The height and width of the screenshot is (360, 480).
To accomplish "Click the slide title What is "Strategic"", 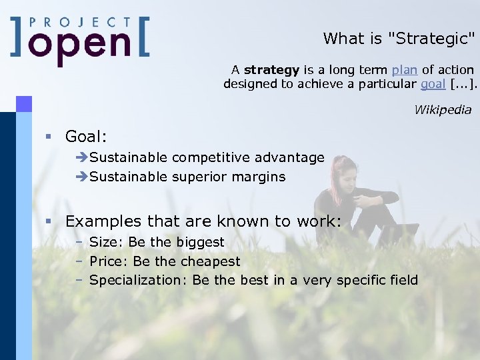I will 399,39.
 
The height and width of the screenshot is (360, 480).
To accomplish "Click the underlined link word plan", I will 404,70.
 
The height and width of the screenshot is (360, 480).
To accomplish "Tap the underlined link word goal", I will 433,84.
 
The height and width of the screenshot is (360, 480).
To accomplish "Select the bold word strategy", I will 271,70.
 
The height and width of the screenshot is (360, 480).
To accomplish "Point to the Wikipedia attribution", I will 443,110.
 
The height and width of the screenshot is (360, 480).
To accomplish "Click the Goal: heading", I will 85,137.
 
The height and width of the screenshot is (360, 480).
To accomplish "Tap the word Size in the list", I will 103,242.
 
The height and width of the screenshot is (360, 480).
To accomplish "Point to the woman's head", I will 343,169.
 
